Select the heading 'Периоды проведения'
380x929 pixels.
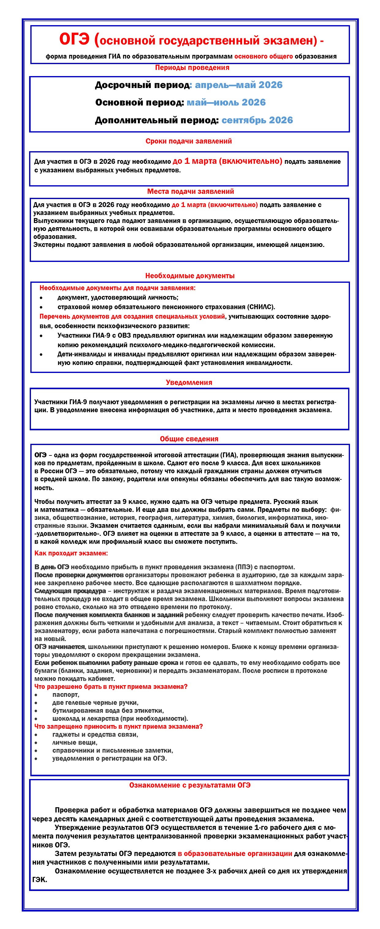tap(192, 67)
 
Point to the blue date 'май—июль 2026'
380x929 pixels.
tap(226, 102)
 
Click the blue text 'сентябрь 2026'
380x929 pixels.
tap(257, 120)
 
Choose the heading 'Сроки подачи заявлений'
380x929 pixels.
tap(188, 141)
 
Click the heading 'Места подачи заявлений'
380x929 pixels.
tap(190, 191)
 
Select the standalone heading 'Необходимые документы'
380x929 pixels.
tap(190, 275)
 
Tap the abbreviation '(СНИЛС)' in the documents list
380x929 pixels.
tap(261, 307)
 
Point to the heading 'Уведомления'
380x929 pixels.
tap(189, 382)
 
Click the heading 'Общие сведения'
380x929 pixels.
tap(189, 439)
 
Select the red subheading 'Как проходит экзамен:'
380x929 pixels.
tap(71, 553)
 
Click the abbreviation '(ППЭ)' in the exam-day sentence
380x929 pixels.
tap(244, 567)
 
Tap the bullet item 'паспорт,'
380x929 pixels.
tap(66, 694)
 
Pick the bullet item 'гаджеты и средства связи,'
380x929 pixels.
tap(95, 734)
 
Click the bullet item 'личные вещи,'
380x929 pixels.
tap(74, 742)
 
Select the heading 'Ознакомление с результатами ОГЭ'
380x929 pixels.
tap(190, 785)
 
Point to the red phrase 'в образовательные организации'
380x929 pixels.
tap(234, 854)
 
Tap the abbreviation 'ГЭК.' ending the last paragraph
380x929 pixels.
tap(40, 880)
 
